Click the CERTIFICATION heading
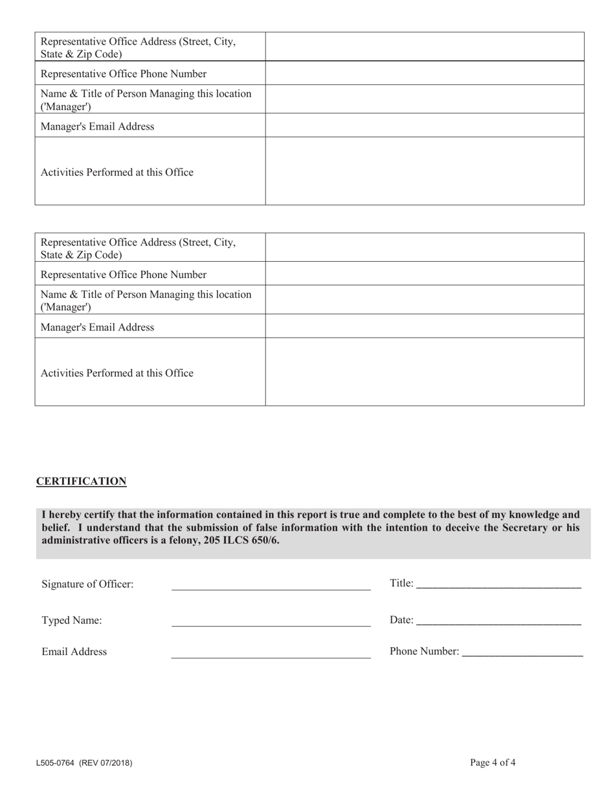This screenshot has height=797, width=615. [81, 481]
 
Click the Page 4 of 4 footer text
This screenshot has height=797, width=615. [493, 763]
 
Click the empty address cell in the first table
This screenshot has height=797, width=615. [425, 47]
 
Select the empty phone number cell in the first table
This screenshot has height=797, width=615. [425, 73]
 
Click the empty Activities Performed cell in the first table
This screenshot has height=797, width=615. [425, 171]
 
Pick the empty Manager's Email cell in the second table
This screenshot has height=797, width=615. [425, 327]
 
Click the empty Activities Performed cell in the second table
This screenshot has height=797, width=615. [425, 372]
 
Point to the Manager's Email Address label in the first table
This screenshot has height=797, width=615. [97, 126]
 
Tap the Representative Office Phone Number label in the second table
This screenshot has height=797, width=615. [124, 275]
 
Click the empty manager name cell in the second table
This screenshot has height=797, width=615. [425, 300]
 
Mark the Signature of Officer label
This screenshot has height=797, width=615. [87, 584]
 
